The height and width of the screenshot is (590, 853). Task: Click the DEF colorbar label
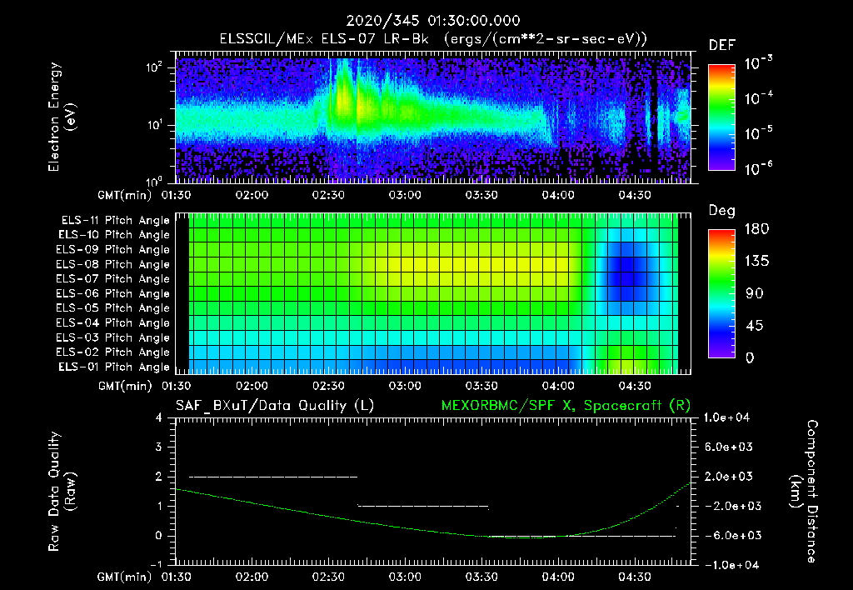tap(721, 45)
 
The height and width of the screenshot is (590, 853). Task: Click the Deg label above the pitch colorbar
tap(721, 211)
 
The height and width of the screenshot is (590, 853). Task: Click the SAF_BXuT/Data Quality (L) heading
tap(274, 406)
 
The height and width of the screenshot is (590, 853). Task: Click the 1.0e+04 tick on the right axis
tap(729, 417)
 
